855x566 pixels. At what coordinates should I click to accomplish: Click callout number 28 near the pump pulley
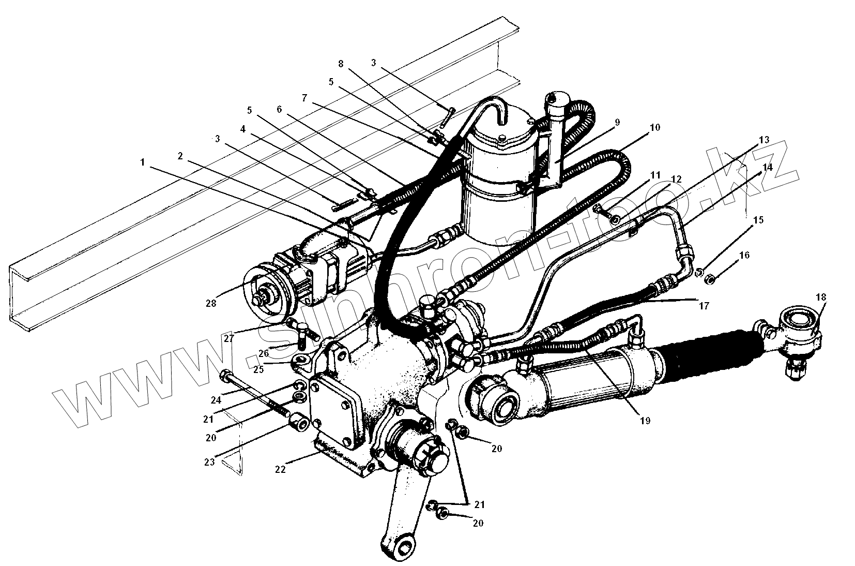tap(210, 303)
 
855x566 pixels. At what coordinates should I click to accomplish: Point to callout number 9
tap(617, 122)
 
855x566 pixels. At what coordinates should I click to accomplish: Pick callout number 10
tap(654, 127)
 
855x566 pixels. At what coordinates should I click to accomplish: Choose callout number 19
tap(644, 420)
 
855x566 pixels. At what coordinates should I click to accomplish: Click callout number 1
tap(142, 162)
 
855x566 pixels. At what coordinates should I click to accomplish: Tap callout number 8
tap(340, 64)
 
